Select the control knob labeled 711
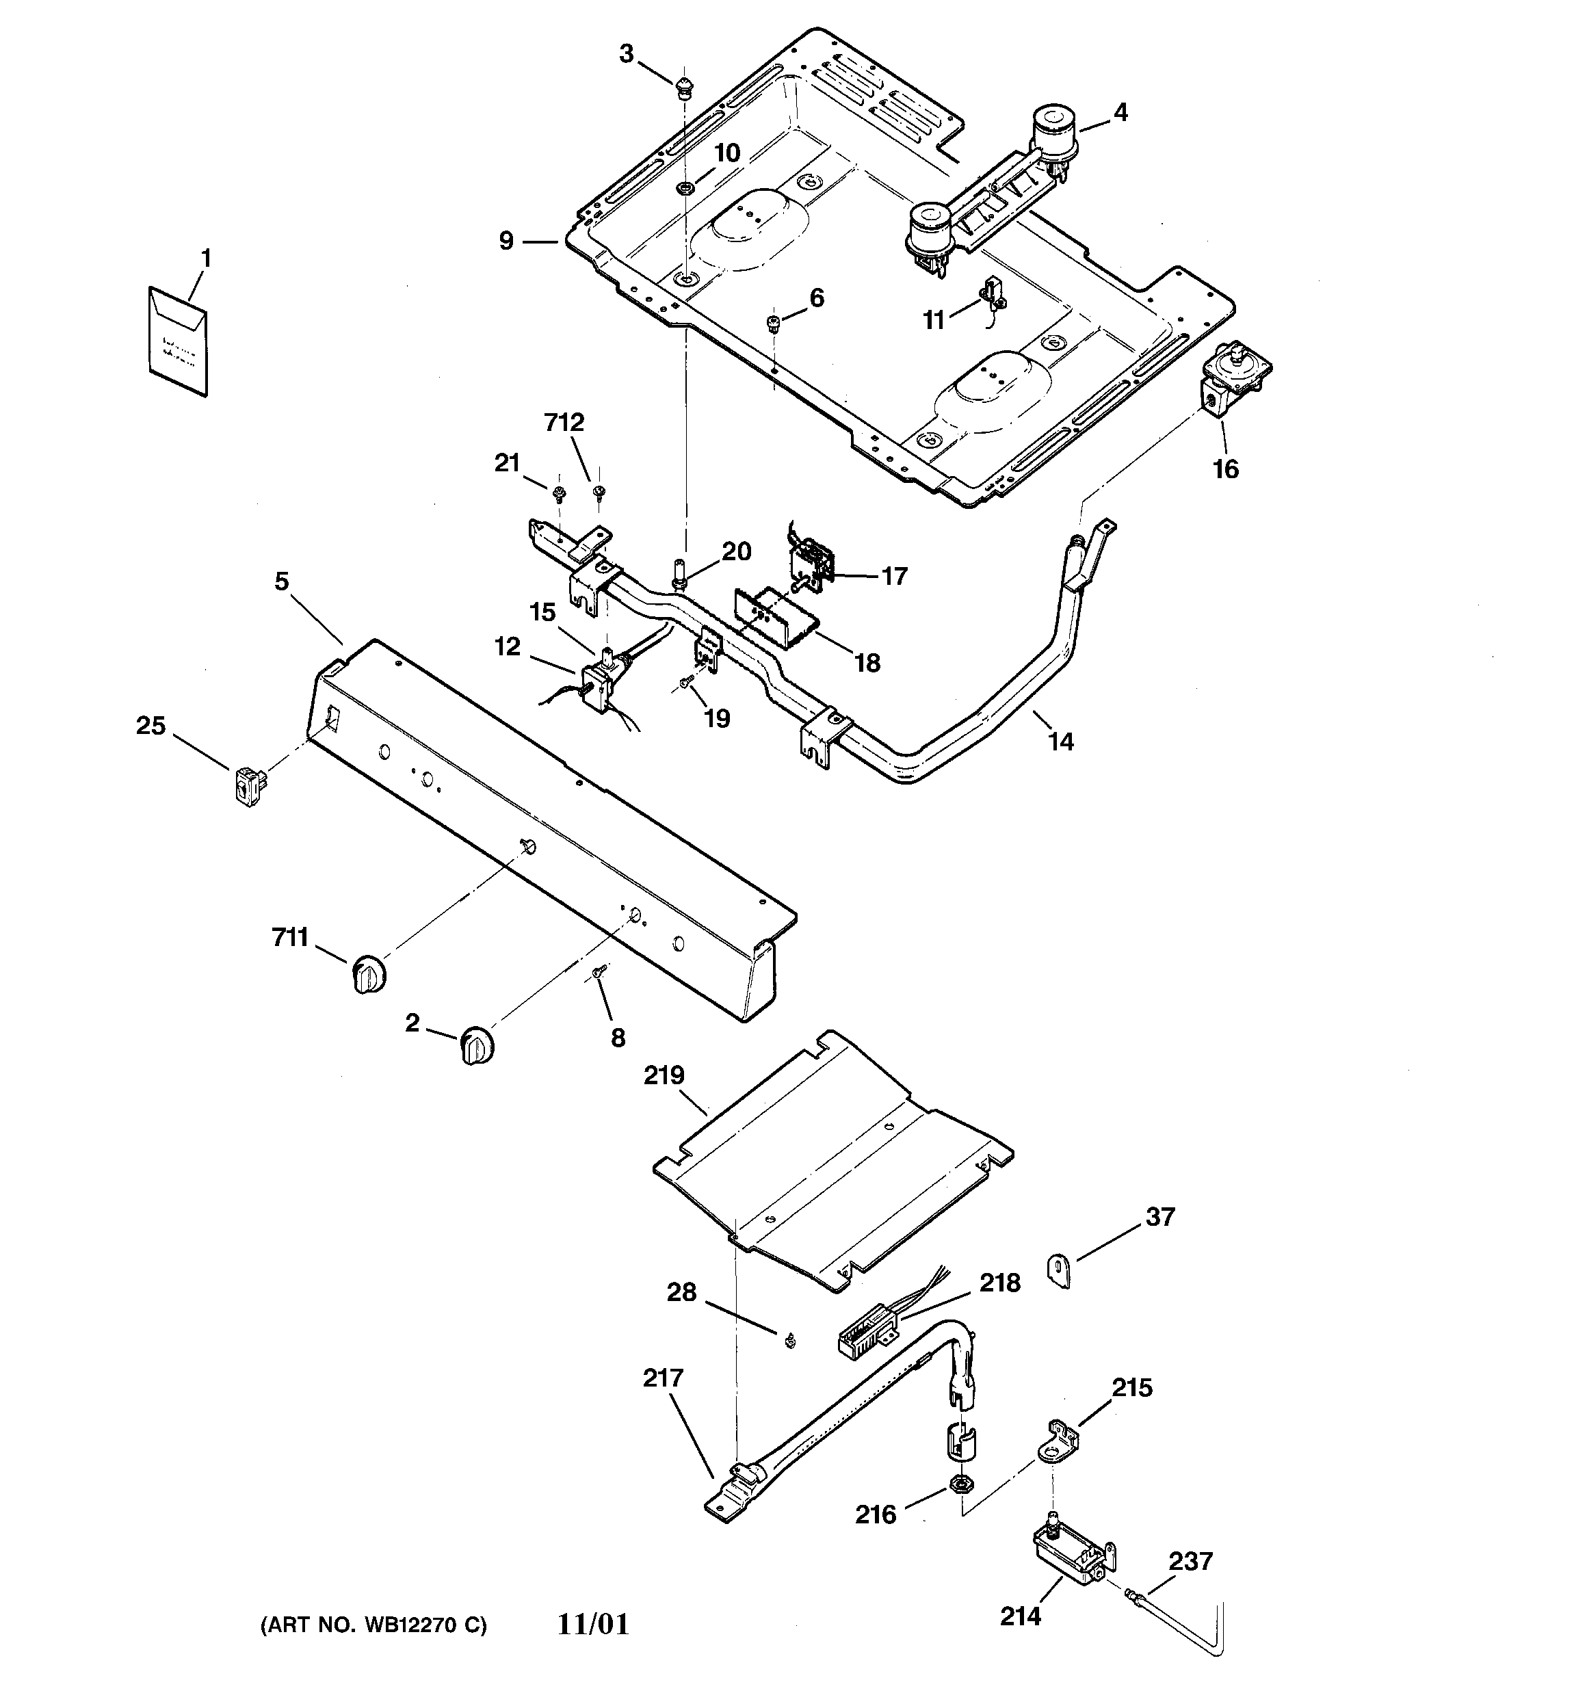(x=368, y=975)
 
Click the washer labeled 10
(x=684, y=187)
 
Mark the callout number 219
(x=664, y=1075)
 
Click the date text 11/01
(x=594, y=1625)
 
